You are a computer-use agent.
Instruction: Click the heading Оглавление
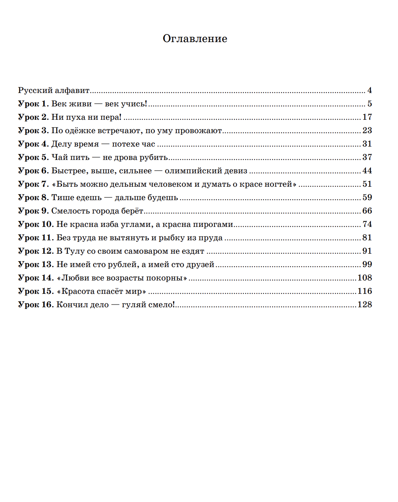pyautogui.click(x=195, y=39)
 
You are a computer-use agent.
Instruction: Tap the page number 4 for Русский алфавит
pyautogui.click(x=369, y=91)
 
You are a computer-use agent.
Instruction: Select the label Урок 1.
pyautogui.click(x=34, y=104)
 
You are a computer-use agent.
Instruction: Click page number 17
pyautogui.click(x=367, y=117)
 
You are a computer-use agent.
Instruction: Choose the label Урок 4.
pyautogui.click(x=34, y=144)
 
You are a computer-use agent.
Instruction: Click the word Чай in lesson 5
pyautogui.click(x=60, y=157)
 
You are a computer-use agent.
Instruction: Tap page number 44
pyautogui.click(x=367, y=171)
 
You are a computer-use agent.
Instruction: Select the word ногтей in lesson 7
pyautogui.click(x=278, y=184)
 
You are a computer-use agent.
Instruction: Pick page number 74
pyautogui.click(x=367, y=224)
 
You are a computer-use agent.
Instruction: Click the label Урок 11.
pyautogui.click(x=36, y=238)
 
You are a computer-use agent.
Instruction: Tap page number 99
pyautogui.click(x=367, y=264)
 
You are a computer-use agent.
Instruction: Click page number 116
pyautogui.click(x=365, y=291)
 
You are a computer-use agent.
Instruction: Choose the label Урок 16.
pyautogui.click(x=36, y=305)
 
